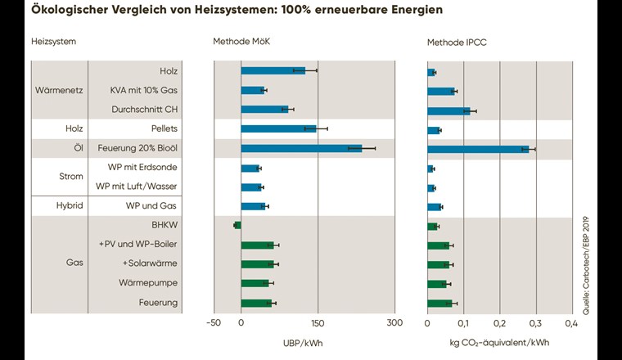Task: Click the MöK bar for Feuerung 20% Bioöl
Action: click(301, 148)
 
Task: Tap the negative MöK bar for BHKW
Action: click(238, 225)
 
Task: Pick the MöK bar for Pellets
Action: click(278, 128)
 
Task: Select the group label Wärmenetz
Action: click(58, 90)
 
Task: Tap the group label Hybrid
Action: click(59, 206)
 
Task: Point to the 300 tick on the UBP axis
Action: click(394, 322)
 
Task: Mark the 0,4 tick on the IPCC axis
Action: click(571, 322)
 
